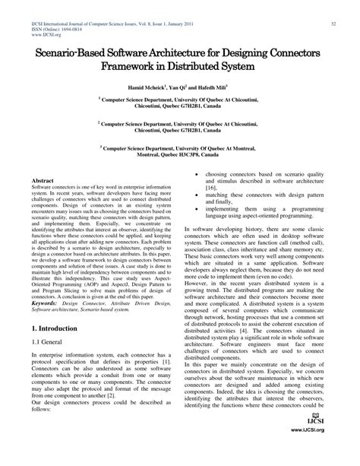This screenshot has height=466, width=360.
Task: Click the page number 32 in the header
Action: pyautogui.click(x=333, y=24)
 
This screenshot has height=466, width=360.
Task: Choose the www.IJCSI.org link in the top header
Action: pyautogui.click(x=41, y=34)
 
